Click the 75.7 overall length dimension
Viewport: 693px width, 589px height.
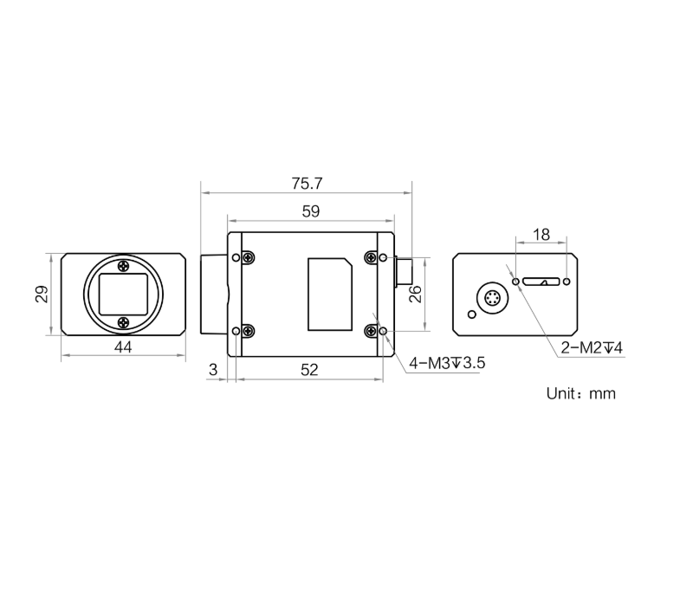[307, 184]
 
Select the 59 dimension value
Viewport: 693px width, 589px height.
[311, 211]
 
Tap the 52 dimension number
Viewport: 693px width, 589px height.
[309, 370]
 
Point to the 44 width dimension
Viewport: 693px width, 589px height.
[123, 347]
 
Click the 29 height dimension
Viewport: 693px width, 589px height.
[42, 294]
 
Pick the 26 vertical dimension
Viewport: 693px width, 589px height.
[416, 294]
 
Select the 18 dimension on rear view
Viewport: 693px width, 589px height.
[541, 234]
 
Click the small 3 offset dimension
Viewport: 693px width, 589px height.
[213, 369]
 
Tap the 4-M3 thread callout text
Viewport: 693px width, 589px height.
[447, 363]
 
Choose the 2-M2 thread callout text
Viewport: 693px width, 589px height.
[592, 348]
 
